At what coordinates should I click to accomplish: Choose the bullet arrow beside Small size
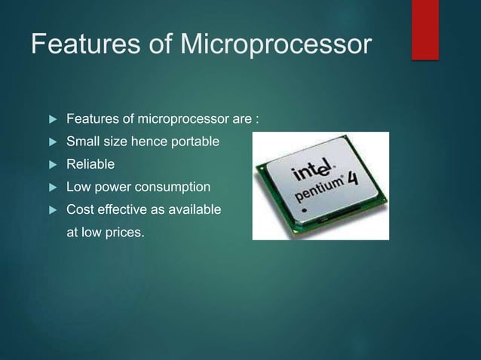click(52, 142)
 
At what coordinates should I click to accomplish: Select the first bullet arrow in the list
click(52, 119)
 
